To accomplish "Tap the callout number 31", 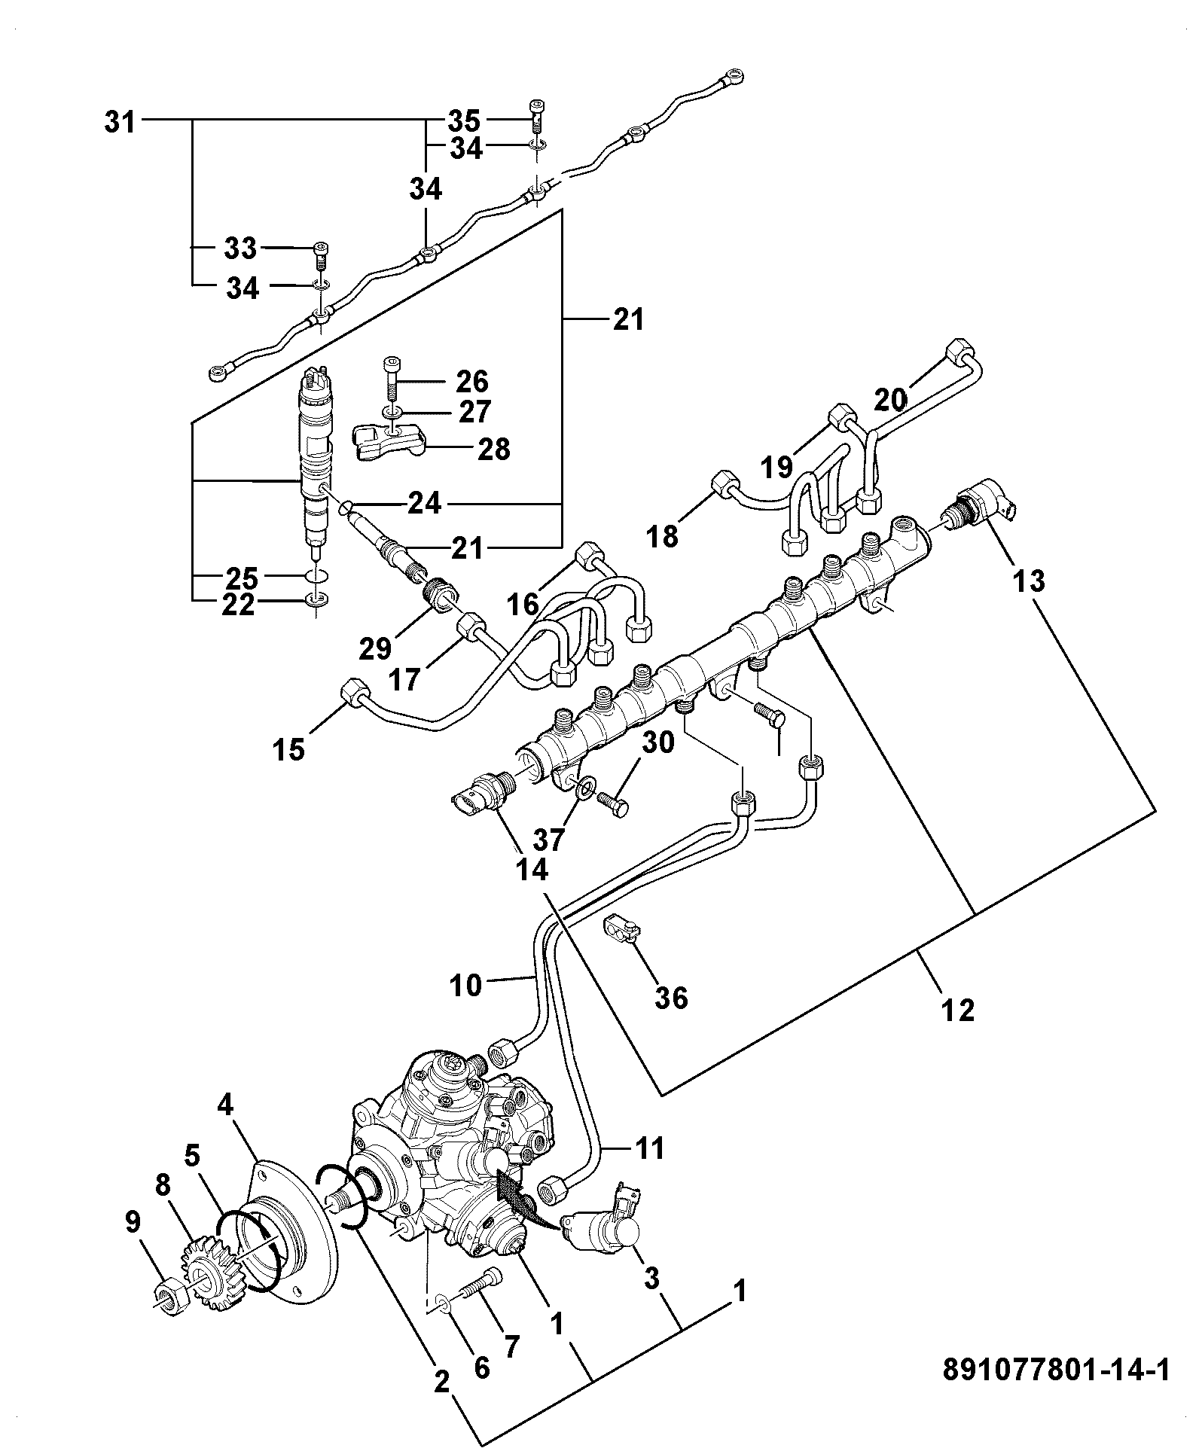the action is [120, 121].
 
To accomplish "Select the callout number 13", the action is [1029, 581].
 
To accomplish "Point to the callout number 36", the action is [672, 998].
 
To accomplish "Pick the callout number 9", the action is [133, 1221].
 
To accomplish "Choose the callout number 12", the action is [958, 1009].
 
